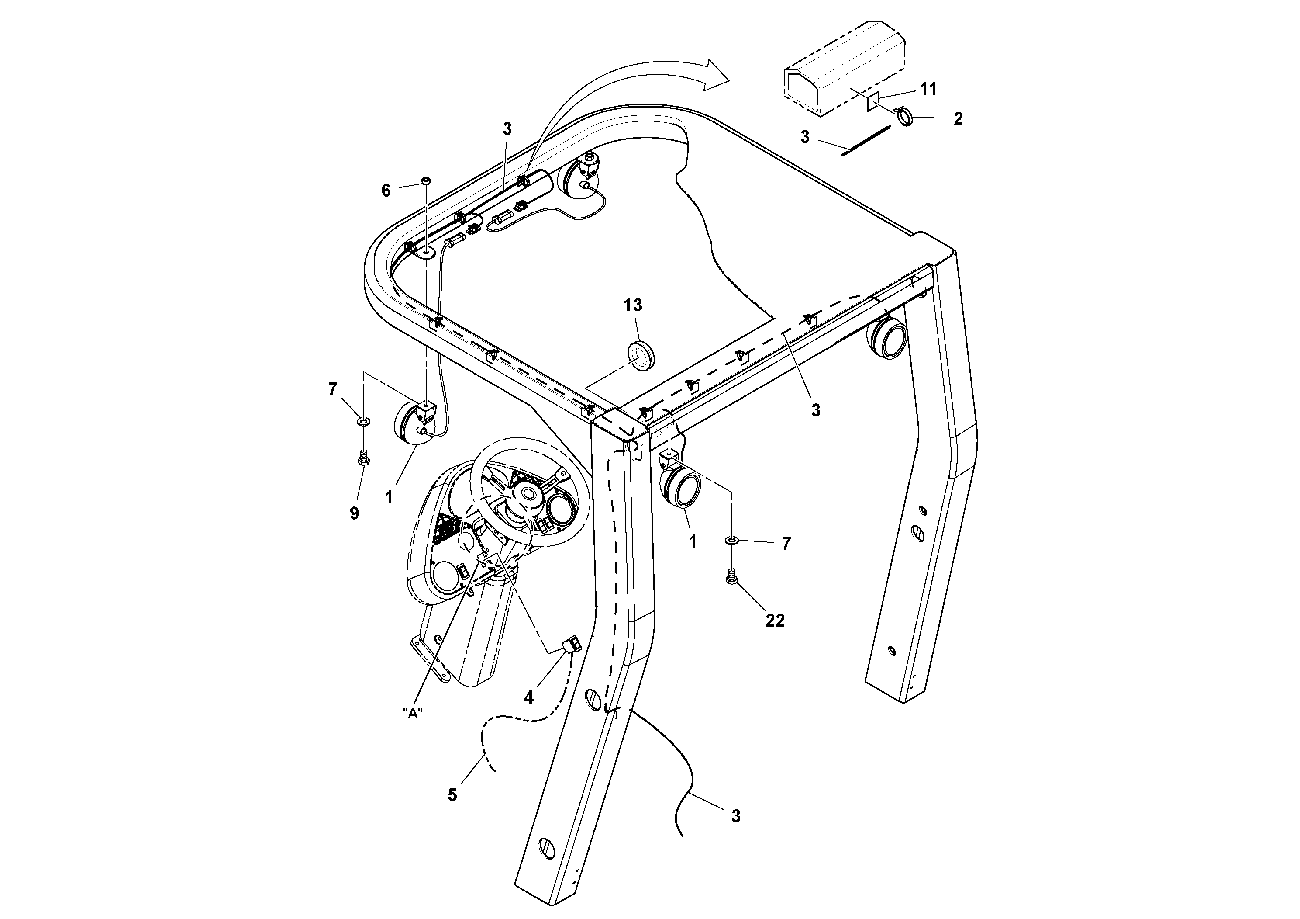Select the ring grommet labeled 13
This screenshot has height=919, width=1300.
pyautogui.click(x=640, y=355)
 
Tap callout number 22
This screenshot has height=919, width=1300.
pyautogui.click(x=775, y=621)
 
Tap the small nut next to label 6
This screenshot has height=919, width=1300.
pyautogui.click(x=425, y=181)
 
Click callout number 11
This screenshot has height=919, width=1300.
pyautogui.click(x=928, y=89)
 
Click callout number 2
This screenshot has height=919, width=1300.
pyautogui.click(x=958, y=119)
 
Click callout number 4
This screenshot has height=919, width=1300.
pyautogui.click(x=528, y=697)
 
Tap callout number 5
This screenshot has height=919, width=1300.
pyautogui.click(x=452, y=795)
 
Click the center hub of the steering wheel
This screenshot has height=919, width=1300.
pyautogui.click(x=529, y=493)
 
